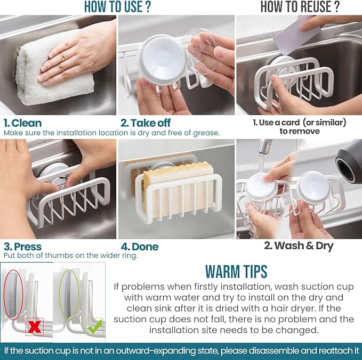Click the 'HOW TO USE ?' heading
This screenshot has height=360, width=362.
pos(117,7)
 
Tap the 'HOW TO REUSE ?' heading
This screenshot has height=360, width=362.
pos(300,7)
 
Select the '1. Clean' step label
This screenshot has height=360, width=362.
pos(22,123)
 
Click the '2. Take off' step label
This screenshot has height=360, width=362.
pos(146,123)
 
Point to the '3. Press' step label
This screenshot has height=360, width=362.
pos(22,247)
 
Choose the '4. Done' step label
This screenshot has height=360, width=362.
pos(140,247)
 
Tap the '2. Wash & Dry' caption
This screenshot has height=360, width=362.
pos(299,246)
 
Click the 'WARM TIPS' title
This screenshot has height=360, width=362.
pos(236,272)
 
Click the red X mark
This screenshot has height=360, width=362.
pos(35,326)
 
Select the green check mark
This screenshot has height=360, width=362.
pos(95,326)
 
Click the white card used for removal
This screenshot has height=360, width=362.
pos(296,35)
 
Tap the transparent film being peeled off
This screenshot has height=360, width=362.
pos(202,51)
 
